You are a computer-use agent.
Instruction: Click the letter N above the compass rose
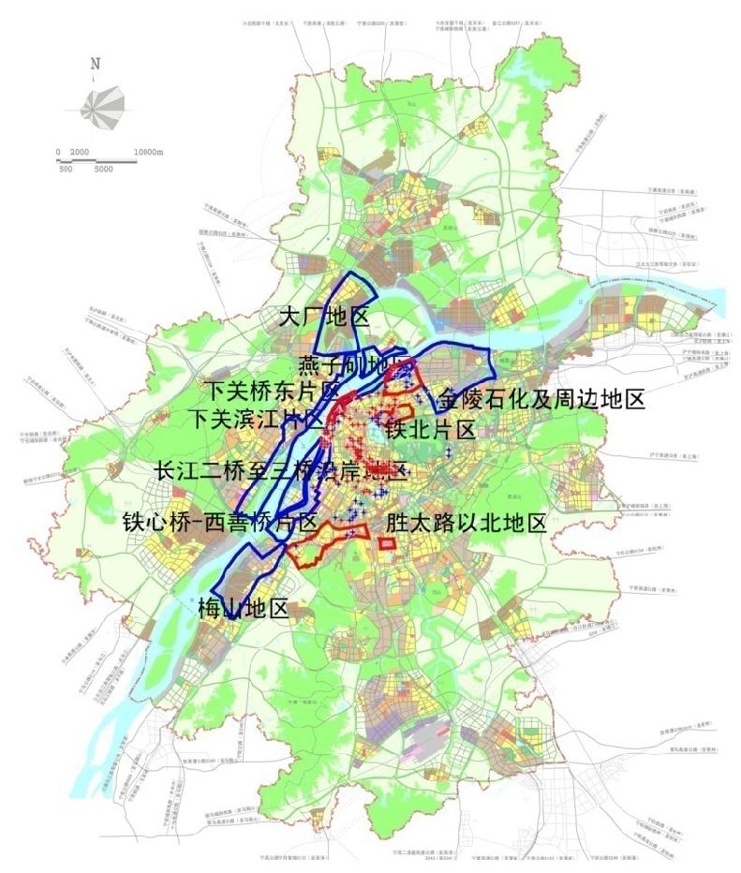pyautogui.click(x=96, y=64)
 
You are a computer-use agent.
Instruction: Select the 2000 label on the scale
pyautogui.click(x=79, y=152)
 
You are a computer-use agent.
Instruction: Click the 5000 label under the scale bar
pyautogui.click(x=102, y=170)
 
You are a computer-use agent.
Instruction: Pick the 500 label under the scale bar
pyautogui.click(x=66, y=170)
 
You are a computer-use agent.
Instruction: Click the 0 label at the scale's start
pyautogui.click(x=58, y=152)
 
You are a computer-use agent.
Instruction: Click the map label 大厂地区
pyautogui.click(x=324, y=317)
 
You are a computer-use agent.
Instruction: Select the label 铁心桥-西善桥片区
pyautogui.click(x=220, y=522)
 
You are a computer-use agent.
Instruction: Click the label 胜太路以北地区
pyautogui.click(x=465, y=522)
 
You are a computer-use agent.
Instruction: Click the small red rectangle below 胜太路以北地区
pyautogui.click(x=387, y=544)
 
